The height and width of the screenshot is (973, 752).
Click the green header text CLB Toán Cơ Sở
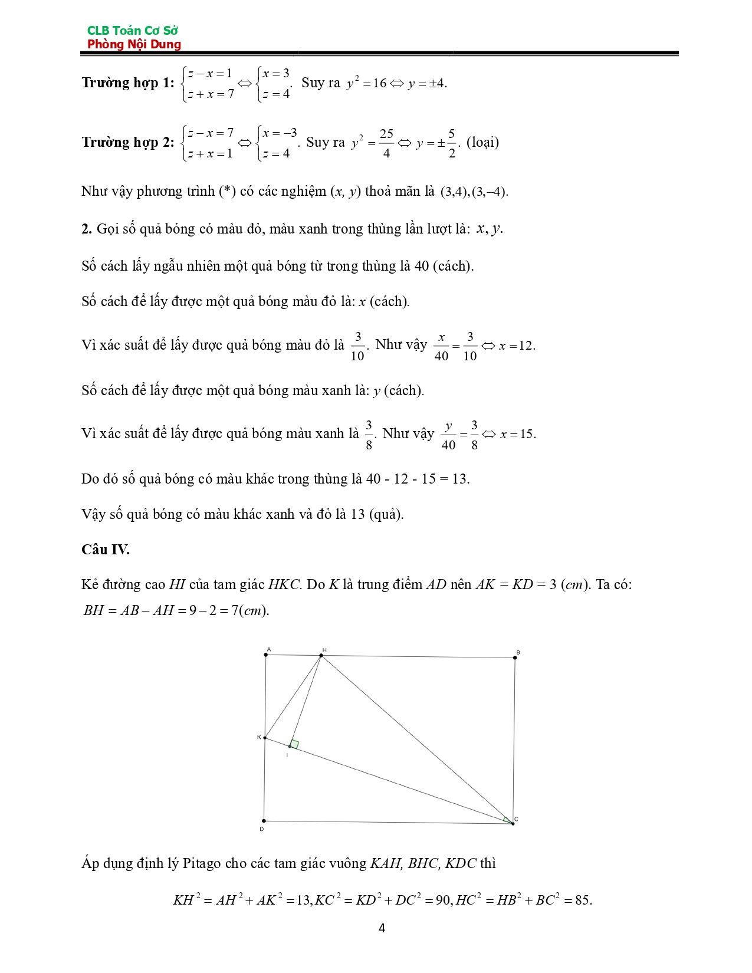(x=132, y=30)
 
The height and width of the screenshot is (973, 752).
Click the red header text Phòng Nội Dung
(x=134, y=44)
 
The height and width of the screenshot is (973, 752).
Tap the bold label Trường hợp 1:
(x=128, y=83)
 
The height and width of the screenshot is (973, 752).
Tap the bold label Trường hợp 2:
(x=128, y=142)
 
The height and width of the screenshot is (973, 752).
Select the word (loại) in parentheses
(x=482, y=142)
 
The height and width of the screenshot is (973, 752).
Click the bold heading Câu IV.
(x=106, y=550)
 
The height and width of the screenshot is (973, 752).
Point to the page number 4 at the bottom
(x=382, y=928)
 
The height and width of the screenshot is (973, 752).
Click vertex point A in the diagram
(x=266, y=655)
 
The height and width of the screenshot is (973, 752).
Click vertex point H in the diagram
(x=321, y=655)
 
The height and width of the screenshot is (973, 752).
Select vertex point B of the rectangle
(x=515, y=658)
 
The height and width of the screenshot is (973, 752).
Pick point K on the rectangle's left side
(x=265, y=738)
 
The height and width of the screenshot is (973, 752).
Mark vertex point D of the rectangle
(x=264, y=821)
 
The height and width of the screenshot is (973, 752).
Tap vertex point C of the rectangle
(x=513, y=823)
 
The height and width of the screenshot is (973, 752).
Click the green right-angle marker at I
(x=294, y=744)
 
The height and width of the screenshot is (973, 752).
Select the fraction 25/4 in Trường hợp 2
(x=386, y=143)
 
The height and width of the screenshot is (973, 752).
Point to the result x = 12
(x=517, y=346)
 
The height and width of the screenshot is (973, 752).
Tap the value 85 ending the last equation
(x=583, y=900)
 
